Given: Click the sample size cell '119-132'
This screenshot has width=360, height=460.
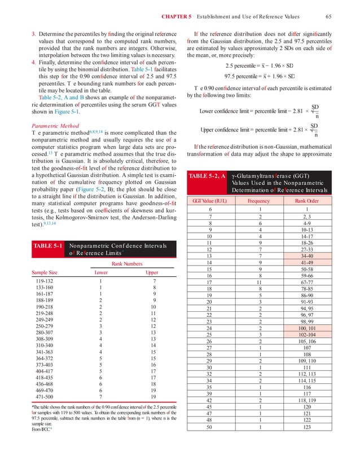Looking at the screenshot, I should click(x=46, y=281).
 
